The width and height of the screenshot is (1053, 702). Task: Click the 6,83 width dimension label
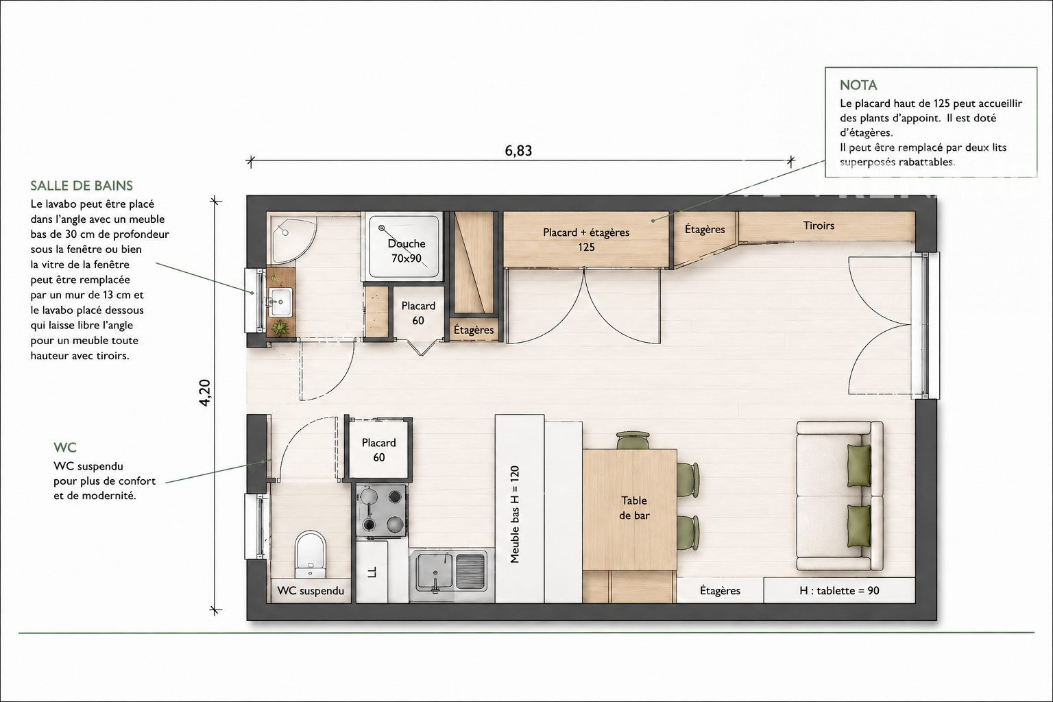(518, 150)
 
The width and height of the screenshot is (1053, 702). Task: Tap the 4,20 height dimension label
(205, 393)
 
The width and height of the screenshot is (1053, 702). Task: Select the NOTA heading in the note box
(858, 85)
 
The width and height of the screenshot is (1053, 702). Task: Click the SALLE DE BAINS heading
(82, 186)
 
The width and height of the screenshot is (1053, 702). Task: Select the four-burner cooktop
(382, 511)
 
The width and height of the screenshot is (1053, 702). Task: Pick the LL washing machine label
(372, 572)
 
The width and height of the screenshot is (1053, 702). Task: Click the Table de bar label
(634, 508)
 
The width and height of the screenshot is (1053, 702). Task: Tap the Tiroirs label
(819, 226)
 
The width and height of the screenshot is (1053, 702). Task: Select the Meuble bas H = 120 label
(515, 514)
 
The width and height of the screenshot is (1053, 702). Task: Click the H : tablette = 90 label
(839, 590)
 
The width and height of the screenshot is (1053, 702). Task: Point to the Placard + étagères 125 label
(586, 239)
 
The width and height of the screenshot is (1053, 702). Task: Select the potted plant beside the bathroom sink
(280, 327)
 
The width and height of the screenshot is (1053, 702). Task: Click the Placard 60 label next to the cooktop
(379, 450)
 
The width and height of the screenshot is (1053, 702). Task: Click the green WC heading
(65, 447)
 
